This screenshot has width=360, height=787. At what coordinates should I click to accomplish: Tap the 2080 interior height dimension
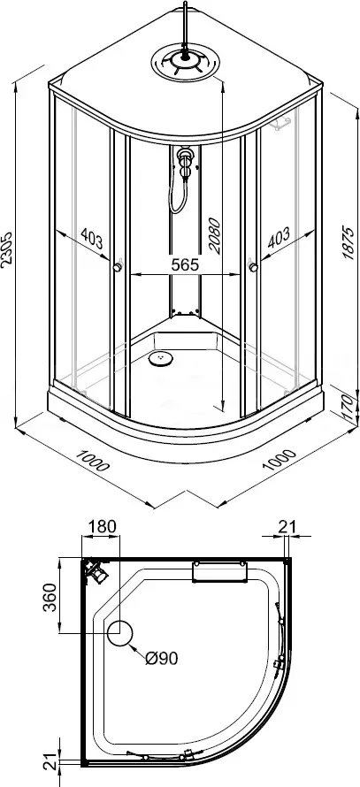point(214,236)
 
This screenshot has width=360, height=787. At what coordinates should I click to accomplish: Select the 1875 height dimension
point(349,241)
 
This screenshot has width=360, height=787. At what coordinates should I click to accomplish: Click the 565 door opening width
point(185,265)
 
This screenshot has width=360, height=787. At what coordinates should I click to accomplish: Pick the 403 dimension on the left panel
point(92,239)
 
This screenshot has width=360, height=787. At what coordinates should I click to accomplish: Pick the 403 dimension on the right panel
point(280,238)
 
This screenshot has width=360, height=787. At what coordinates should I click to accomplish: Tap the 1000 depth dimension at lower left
point(92,459)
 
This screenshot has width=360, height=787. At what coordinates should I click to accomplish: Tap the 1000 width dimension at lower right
point(280,459)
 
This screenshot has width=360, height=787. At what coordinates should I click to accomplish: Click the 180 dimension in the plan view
point(102,526)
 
